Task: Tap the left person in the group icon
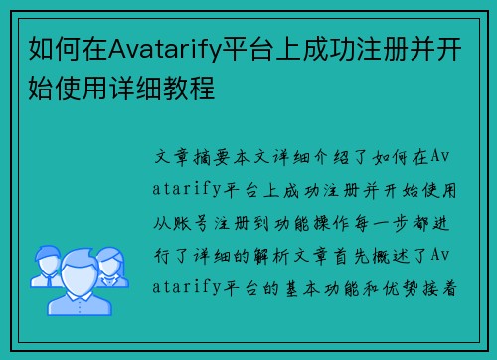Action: [45, 261]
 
